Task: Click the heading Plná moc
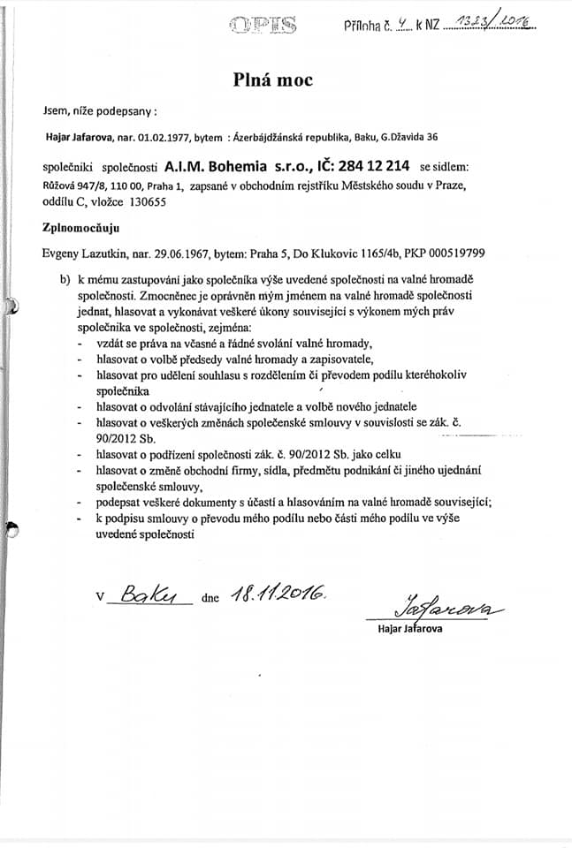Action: click(273, 80)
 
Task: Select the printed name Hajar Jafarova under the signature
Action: click(409, 629)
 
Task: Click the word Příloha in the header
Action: click(364, 27)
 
